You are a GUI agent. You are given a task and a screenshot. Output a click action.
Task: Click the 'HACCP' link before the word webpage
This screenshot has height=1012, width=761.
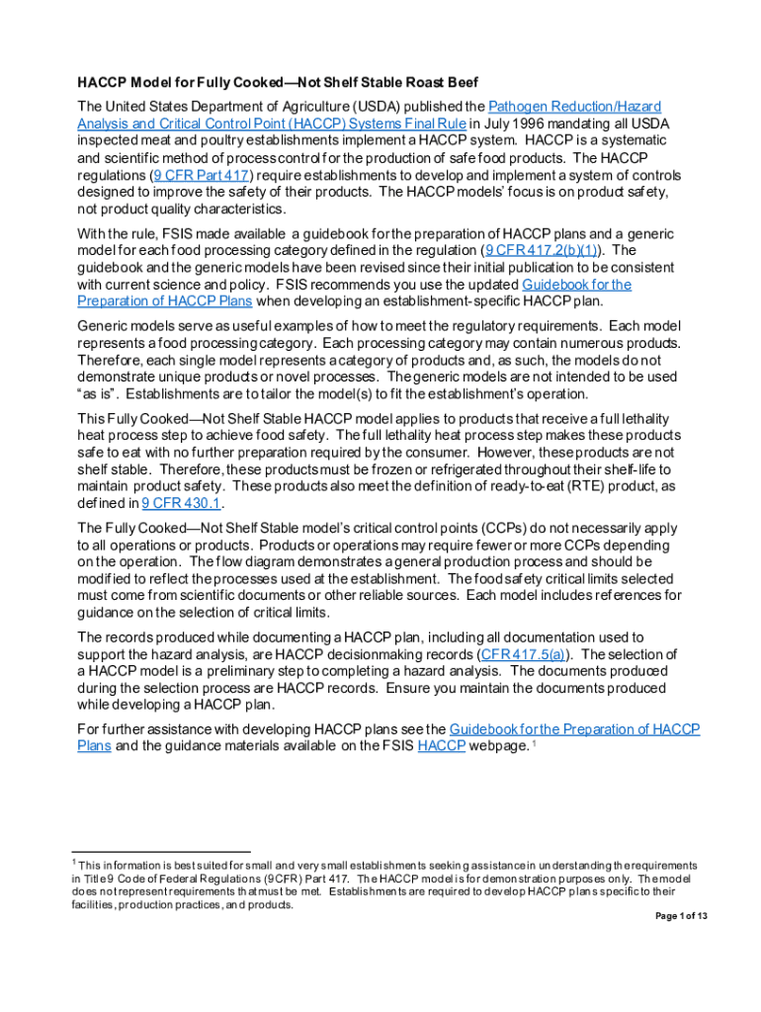pyautogui.click(x=442, y=746)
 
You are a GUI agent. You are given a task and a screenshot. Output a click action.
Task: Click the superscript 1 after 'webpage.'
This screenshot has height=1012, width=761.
pyautogui.click(x=535, y=743)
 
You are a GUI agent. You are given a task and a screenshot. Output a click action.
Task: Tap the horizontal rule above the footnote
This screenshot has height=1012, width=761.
pyautogui.click(x=163, y=852)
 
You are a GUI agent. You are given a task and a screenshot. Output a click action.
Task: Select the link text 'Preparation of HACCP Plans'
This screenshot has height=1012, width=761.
pyautogui.click(x=164, y=301)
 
